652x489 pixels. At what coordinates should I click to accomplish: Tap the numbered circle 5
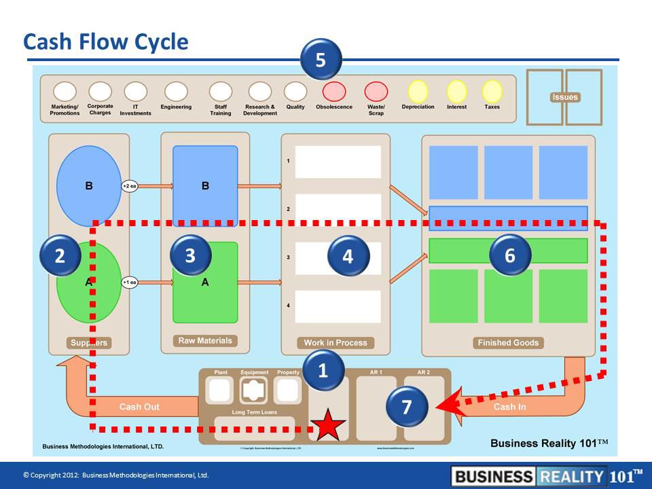tap(321, 60)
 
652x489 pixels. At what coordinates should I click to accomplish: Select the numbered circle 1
tap(323, 370)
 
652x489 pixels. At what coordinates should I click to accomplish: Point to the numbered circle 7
tap(406, 407)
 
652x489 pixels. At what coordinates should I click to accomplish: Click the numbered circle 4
tap(348, 256)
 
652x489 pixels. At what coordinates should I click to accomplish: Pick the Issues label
tap(565, 97)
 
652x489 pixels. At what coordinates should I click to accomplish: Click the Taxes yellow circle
tap(492, 91)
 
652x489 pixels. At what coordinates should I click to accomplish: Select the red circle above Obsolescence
tap(334, 91)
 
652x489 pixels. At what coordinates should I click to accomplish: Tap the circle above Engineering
tap(176, 91)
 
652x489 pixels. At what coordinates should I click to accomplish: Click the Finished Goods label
tap(508, 343)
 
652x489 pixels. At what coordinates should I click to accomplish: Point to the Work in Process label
tap(336, 343)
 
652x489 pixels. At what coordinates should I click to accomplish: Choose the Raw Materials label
tap(205, 341)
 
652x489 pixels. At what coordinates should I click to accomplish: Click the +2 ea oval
tap(130, 185)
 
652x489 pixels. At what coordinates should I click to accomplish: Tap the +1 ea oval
tap(130, 283)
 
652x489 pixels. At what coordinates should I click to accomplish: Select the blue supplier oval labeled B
tap(88, 185)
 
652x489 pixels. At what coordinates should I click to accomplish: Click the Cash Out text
tap(139, 407)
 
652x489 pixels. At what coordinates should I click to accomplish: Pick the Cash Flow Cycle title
tap(105, 42)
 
